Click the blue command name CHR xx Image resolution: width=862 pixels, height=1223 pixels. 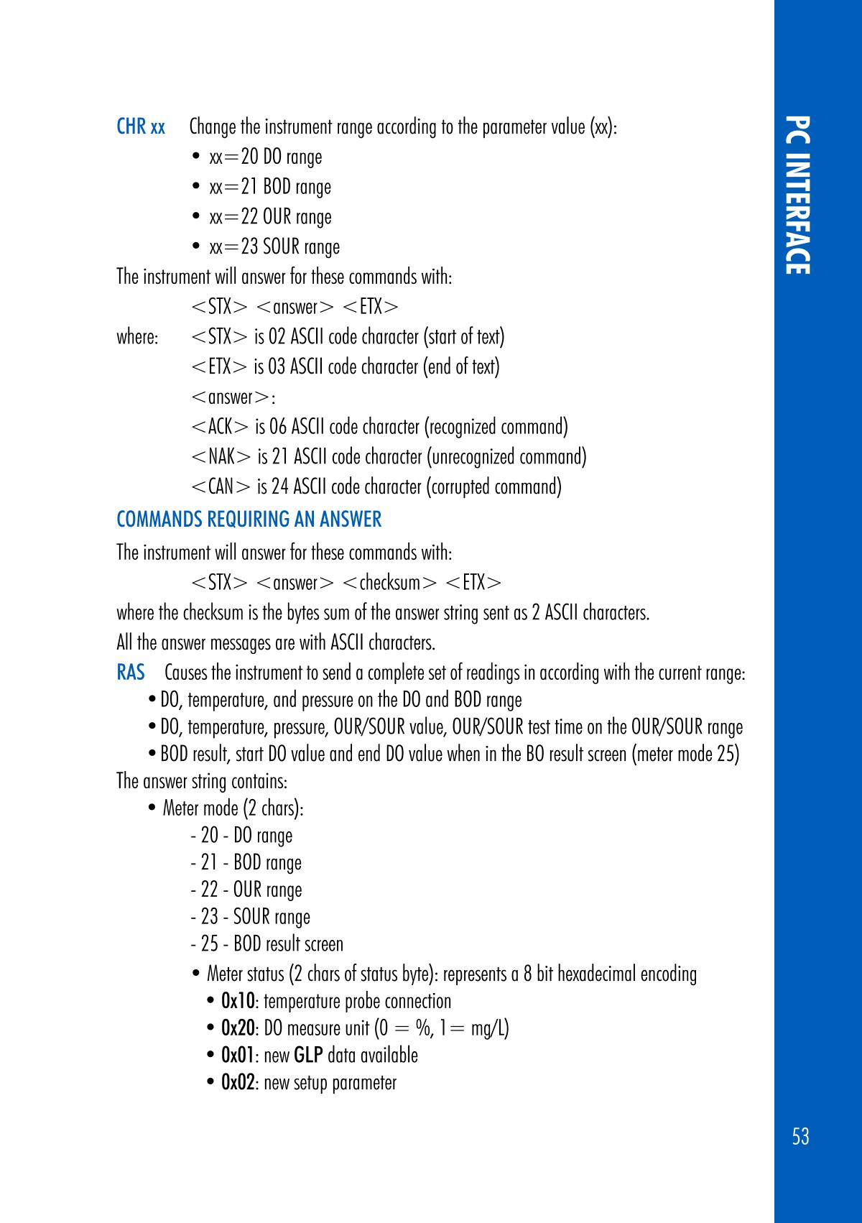(x=141, y=128)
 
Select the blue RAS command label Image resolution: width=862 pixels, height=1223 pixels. (x=131, y=673)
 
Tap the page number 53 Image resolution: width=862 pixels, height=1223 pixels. (x=800, y=1136)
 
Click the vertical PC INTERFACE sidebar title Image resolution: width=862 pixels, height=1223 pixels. (x=799, y=194)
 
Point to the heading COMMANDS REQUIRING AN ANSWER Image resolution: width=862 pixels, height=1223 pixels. (x=249, y=520)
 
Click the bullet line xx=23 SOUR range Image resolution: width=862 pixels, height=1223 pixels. (x=274, y=247)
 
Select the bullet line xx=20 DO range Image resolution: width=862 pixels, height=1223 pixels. (x=265, y=157)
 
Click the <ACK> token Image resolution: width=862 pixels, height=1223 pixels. (x=221, y=428)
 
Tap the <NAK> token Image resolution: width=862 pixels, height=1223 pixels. (x=222, y=457)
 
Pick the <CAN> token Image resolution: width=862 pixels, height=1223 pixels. (x=221, y=487)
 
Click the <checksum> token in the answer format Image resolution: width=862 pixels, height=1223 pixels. (x=390, y=582)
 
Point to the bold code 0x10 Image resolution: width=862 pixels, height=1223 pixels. (x=238, y=1002)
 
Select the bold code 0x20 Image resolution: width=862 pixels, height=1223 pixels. (x=238, y=1029)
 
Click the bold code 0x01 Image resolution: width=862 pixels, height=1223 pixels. (x=238, y=1056)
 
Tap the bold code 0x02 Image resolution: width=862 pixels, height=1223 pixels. (x=238, y=1083)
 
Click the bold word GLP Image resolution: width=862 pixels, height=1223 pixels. (x=308, y=1056)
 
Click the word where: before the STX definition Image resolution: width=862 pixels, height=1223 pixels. (x=136, y=337)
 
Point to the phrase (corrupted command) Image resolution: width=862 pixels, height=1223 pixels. (x=493, y=487)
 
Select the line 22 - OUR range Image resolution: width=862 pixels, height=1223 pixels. (x=246, y=890)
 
